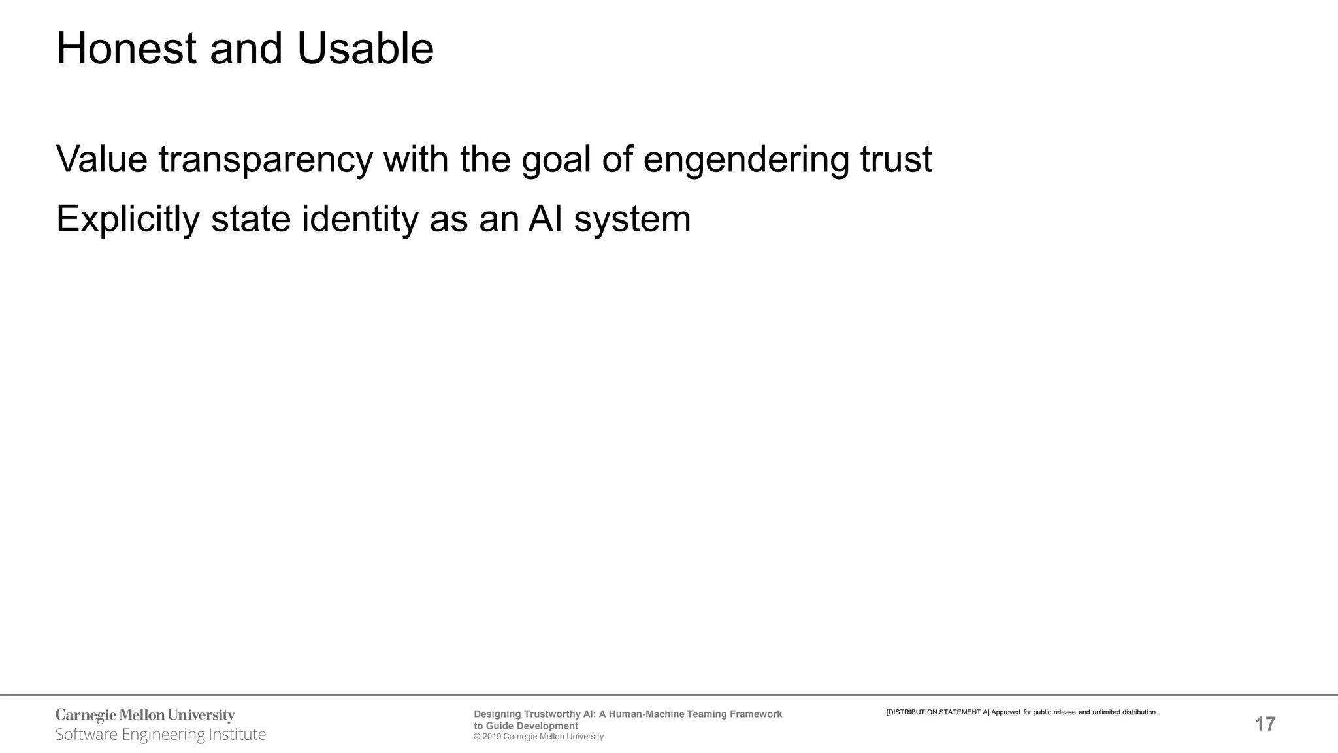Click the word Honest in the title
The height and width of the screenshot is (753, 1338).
pyautogui.click(x=126, y=49)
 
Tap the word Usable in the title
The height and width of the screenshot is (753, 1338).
pyautogui.click(x=365, y=49)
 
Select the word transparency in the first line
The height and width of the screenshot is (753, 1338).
pyautogui.click(x=266, y=159)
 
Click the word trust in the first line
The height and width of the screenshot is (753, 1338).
pyautogui.click(x=896, y=159)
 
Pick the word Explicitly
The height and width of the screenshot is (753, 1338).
pyautogui.click(x=128, y=219)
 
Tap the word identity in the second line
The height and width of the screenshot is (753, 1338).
pyautogui.click(x=360, y=219)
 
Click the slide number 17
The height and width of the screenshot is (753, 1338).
pyautogui.click(x=1265, y=724)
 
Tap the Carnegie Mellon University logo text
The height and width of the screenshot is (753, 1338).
pyautogui.click(x=145, y=715)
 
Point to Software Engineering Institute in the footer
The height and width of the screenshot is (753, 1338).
pyautogui.click(x=161, y=735)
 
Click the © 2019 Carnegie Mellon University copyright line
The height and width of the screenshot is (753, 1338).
pyautogui.click(x=538, y=737)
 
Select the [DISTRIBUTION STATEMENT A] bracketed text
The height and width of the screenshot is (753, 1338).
pyautogui.click(x=938, y=712)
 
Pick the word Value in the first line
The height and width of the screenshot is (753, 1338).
pyautogui.click(x=102, y=159)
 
